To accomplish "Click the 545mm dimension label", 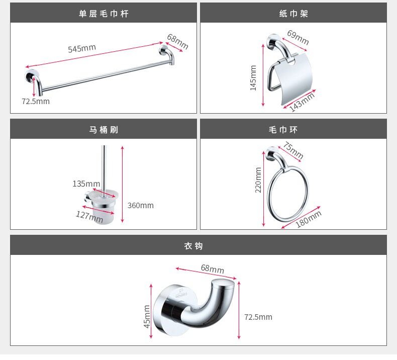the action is pos(82,49).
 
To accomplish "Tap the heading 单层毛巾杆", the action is pos(104,14).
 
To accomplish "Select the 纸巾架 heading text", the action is pos(293,14).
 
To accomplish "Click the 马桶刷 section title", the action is pos(104,130).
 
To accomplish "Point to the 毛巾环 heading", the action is pos(283,130).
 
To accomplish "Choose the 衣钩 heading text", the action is pos(193,246).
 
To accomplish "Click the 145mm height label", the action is pos(253,77).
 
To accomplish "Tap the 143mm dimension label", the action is pos(302,102).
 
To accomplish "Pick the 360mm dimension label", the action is pos(140,205).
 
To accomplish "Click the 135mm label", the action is pos(86,184).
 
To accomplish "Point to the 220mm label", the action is pos(258,179).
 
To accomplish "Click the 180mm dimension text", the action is pos(308,219).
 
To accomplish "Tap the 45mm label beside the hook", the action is pos(147,316).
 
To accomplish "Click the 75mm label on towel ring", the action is pos(293,151).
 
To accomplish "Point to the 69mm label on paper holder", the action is pos(298,37).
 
